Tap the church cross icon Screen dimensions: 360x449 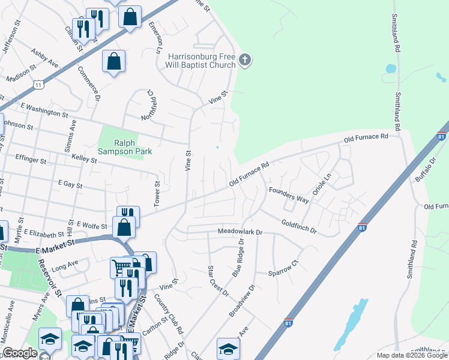(x=244, y=59)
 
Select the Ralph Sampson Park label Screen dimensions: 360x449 (x=133, y=147)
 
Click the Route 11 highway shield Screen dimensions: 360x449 (x=38, y=85)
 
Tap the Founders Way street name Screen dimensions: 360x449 (x=289, y=196)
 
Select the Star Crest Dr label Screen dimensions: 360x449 (x=218, y=281)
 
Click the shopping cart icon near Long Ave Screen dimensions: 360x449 (x=121, y=268)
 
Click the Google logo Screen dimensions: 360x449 (x=20, y=353)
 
